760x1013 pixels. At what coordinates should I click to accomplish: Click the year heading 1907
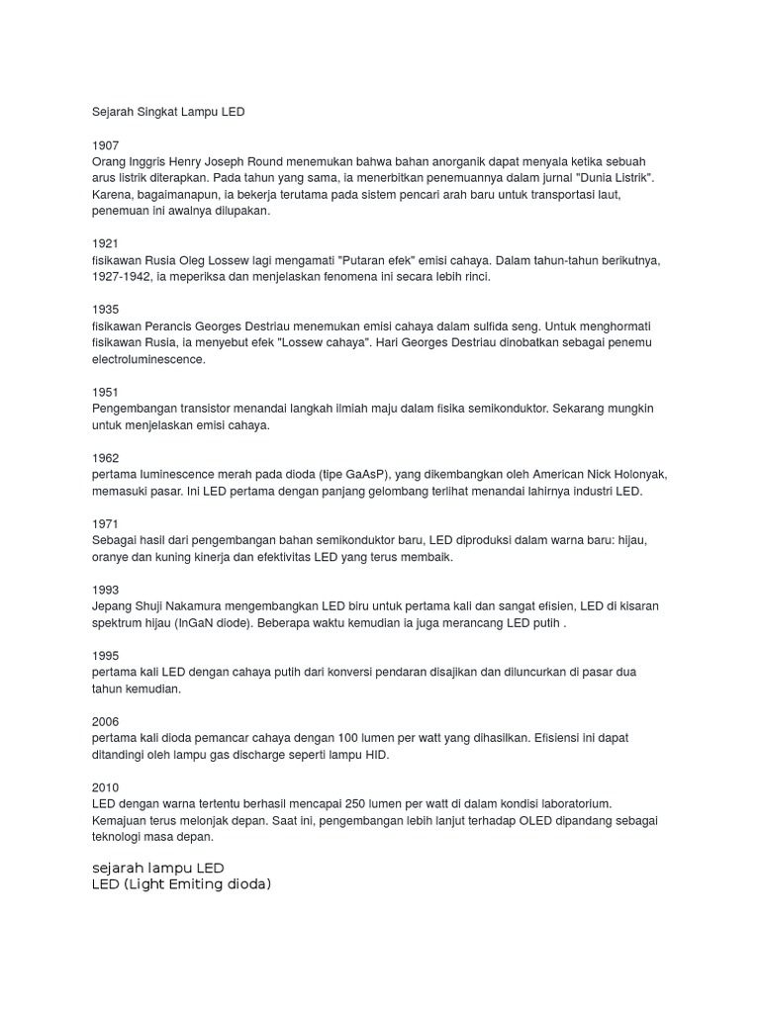pos(105,144)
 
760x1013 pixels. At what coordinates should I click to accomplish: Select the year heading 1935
pos(105,310)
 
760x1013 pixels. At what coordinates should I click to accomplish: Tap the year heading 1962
pos(105,458)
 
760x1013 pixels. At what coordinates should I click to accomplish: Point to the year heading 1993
pos(105,590)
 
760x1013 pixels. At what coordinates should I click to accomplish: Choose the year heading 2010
pos(105,787)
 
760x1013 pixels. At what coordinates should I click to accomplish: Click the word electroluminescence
pos(148,359)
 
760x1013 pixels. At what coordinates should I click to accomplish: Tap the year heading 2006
pos(105,722)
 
